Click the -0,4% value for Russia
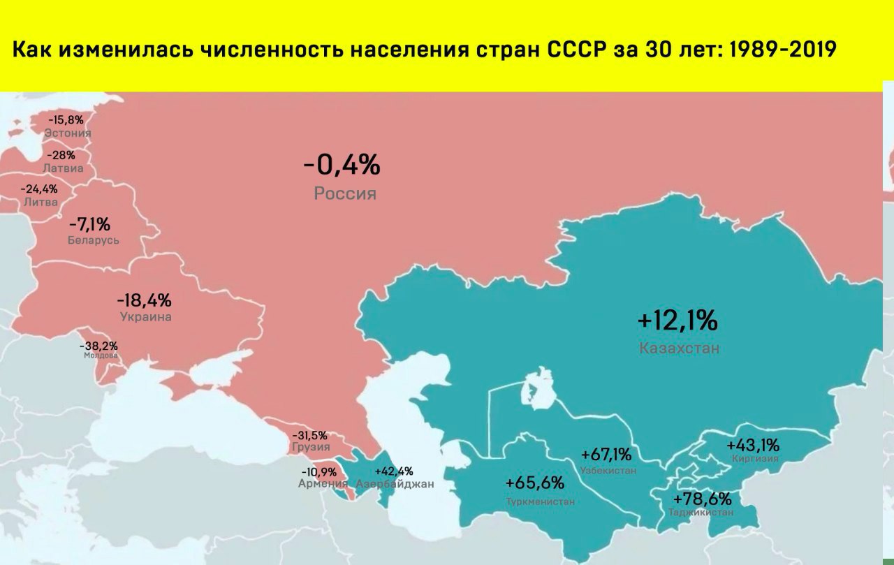pos(342,166)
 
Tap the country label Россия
pos(345,193)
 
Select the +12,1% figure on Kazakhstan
pos(677,321)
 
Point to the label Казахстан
pos(679,348)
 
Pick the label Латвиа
pos(63,168)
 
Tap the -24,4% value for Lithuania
pos(39,189)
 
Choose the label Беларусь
pos(94,240)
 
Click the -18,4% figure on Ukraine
pos(145,300)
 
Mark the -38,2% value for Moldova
pos(98,345)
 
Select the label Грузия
pos(311,447)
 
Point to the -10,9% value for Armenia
pos(319,472)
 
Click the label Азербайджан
pos(395,483)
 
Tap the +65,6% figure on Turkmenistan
pos(535,483)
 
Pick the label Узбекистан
pos(608,471)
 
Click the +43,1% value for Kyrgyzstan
pos(753,445)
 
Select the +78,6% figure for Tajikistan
pos(702,499)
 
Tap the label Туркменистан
pos(541,501)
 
